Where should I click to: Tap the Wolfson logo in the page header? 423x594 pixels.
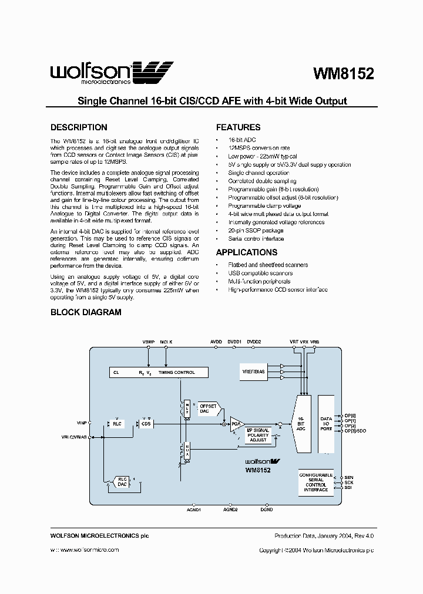(112, 73)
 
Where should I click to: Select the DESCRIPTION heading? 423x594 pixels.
(79, 127)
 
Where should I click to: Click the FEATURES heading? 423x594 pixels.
(238, 127)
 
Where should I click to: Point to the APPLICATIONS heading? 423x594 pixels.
(247, 252)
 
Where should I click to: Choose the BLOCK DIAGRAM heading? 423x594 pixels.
(86, 312)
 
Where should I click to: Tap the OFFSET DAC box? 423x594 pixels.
(209, 409)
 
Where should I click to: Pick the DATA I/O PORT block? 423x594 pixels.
(326, 424)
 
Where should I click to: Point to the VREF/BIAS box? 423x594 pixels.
(253, 372)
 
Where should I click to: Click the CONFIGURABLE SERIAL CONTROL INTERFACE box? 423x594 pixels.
(315, 482)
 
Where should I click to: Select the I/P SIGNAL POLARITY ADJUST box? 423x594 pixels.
(258, 435)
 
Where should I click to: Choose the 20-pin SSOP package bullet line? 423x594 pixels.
(256, 231)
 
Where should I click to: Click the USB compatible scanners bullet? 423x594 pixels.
(260, 273)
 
